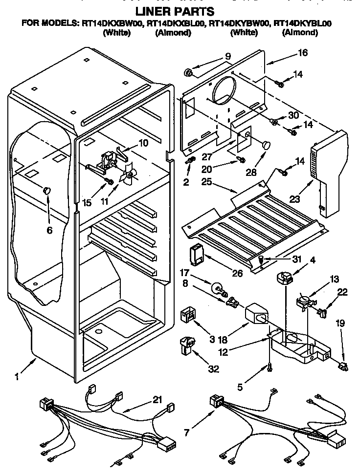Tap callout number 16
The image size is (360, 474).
tap(303, 53)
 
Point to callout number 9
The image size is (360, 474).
tap(228, 56)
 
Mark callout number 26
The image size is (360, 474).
tap(237, 273)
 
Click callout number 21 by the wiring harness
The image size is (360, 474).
tap(157, 400)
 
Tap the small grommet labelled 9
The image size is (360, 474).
tap(187, 73)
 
